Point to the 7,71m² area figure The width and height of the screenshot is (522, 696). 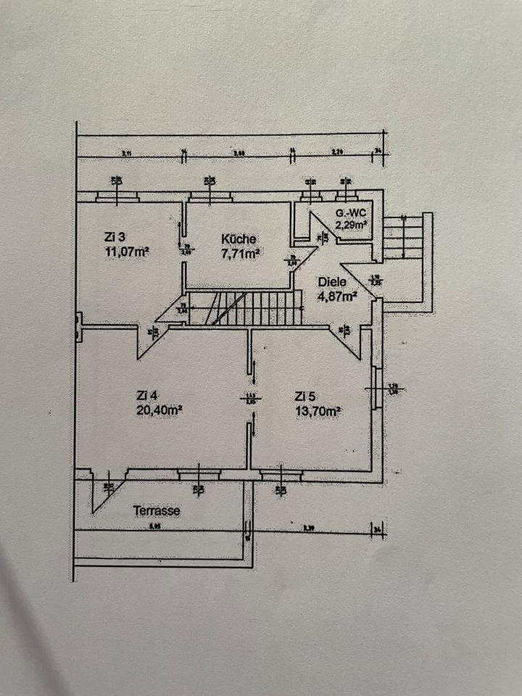click(240, 254)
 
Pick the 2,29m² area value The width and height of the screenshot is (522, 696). click(351, 225)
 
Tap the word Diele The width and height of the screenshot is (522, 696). click(333, 283)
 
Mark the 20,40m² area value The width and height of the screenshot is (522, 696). click(159, 410)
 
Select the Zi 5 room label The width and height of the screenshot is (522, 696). click(305, 396)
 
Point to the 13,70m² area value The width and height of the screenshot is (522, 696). click(318, 410)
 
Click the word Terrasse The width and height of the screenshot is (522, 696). click(156, 510)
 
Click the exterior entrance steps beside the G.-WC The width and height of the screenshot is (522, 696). click(402, 237)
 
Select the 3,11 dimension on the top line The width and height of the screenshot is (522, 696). click(127, 153)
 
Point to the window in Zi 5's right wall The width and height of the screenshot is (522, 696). click(376, 389)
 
